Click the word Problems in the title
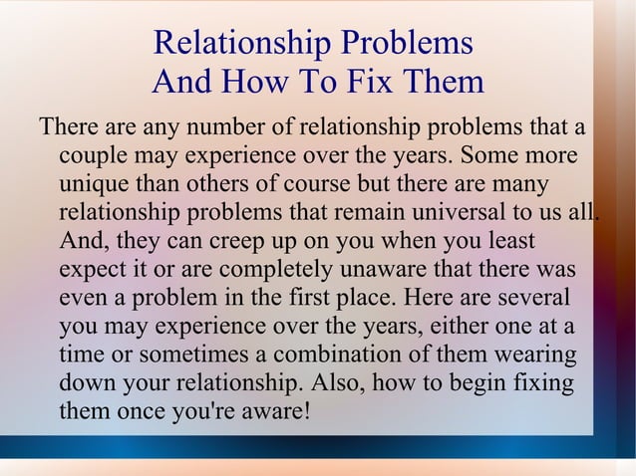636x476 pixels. point(406,45)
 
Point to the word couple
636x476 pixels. point(92,157)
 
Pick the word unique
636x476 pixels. point(93,185)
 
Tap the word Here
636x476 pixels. point(436,298)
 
